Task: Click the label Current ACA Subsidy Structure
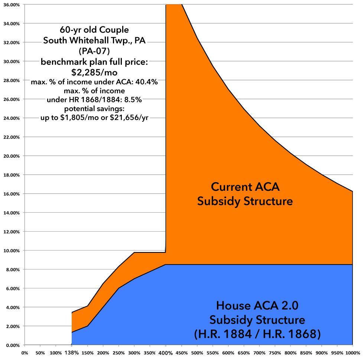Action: [245, 194]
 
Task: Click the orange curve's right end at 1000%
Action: [352, 192]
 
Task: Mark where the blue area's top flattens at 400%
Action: [166, 265]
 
